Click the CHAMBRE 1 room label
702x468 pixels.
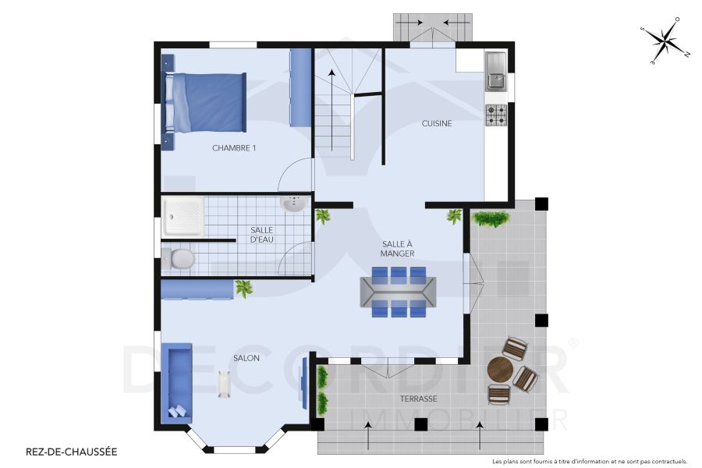[234, 147]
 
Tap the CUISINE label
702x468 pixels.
[437, 123]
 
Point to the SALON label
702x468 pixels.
[246, 358]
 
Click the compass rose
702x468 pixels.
[665, 41]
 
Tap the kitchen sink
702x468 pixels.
[495, 70]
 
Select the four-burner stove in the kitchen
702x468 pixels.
[496, 115]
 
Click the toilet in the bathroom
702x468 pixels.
[180, 258]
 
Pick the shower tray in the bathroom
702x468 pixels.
[183, 216]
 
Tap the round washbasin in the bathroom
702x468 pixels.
[293, 205]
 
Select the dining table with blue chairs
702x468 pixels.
[398, 292]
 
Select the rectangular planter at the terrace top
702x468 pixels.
[491, 218]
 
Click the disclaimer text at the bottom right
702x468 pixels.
[590, 461]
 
